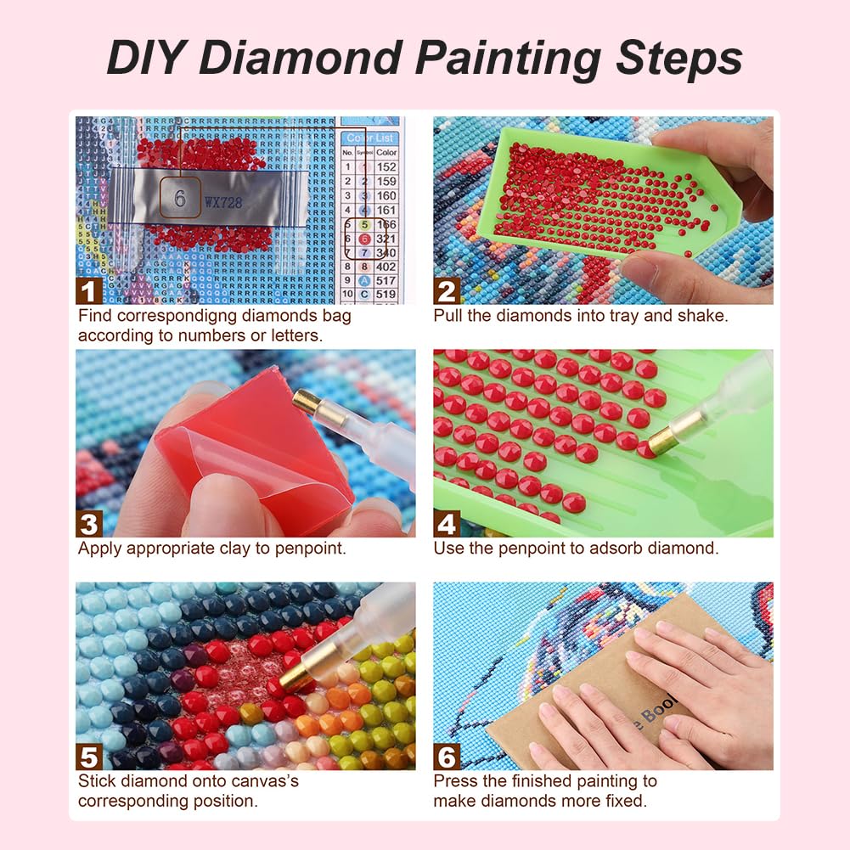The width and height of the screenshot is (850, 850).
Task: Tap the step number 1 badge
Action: (x=89, y=291)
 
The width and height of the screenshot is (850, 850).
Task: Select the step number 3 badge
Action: (x=89, y=523)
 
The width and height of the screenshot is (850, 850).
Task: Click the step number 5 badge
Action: (x=89, y=756)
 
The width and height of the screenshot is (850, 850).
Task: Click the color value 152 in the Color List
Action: (x=386, y=167)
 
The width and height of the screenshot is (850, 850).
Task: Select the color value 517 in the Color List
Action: (x=386, y=280)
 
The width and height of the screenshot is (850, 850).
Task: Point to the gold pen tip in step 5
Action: (x=295, y=673)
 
